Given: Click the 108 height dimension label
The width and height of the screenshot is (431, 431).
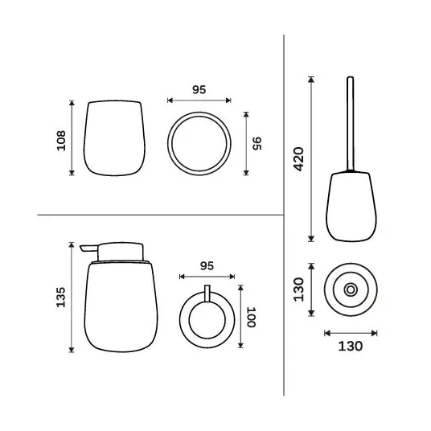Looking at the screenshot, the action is point(61,141).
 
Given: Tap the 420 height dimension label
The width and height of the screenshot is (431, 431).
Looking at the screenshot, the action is point(299,159).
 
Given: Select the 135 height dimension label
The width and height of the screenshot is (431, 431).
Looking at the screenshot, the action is point(61,298).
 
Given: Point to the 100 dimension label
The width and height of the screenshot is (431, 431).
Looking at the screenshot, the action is point(251,317).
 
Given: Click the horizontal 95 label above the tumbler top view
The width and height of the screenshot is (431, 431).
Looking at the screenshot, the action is point(199,89).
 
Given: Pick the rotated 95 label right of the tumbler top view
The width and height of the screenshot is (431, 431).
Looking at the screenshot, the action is point(257,143).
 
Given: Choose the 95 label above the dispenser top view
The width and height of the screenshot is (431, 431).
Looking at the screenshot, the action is point(207,266).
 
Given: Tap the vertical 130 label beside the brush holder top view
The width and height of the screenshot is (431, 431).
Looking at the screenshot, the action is point(299,289).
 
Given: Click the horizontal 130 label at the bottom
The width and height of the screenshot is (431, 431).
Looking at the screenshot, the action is point(351,347).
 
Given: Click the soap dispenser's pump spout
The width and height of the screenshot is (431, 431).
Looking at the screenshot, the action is point(88,248).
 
